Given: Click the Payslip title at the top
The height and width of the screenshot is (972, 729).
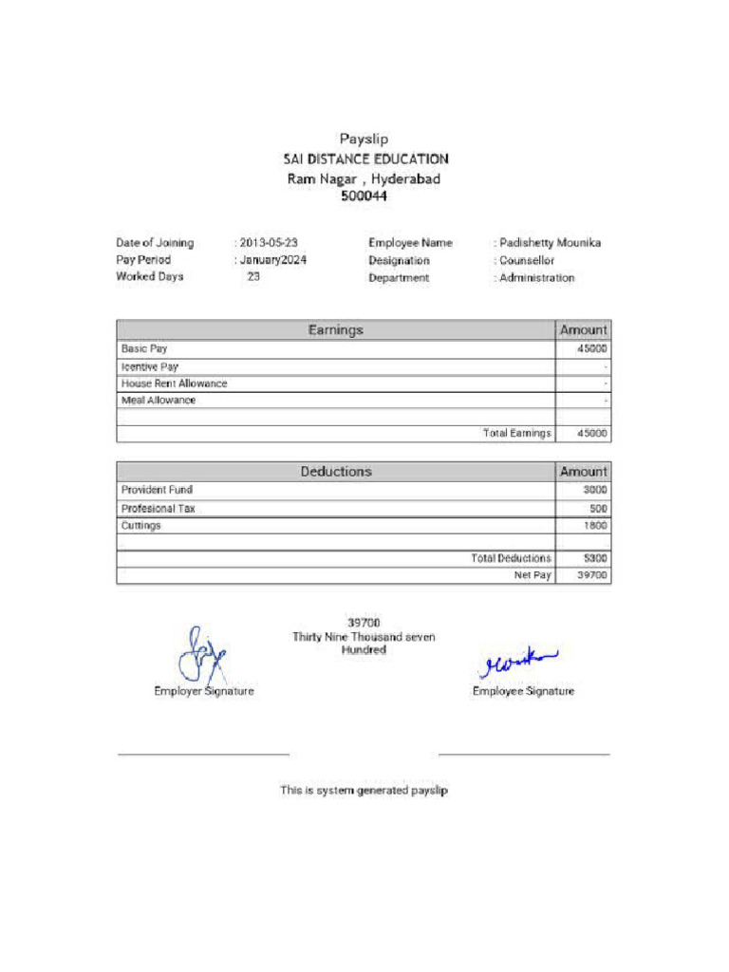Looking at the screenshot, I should tap(364, 140).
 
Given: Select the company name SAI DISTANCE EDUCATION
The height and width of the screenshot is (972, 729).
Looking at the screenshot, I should tap(364, 159).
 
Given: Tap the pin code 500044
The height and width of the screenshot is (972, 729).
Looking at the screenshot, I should tap(364, 196).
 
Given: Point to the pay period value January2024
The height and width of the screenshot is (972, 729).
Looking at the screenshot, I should tap(273, 260).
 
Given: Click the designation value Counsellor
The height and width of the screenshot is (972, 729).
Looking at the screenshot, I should tap(528, 260).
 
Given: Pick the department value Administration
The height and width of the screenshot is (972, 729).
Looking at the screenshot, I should tap(537, 278).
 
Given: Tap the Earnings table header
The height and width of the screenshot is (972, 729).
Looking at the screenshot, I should tap(335, 330).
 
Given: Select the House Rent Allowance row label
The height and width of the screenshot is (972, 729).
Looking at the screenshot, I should tap(175, 383).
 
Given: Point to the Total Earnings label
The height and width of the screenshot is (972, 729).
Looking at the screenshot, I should tap(516, 434).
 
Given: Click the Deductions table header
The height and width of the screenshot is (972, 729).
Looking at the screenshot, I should tap(336, 472).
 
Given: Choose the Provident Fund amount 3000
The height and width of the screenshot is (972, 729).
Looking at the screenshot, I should tap(595, 490).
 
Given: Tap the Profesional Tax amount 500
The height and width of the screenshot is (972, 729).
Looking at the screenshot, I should tap(598, 508).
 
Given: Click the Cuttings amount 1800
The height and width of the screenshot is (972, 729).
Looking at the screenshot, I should tap(595, 525).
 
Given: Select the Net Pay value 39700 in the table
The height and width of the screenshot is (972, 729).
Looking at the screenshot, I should tap(592, 575).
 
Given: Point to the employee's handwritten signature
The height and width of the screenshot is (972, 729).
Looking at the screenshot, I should tap(518, 663).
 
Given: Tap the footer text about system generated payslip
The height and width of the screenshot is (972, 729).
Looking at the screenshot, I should tap(364, 790).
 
